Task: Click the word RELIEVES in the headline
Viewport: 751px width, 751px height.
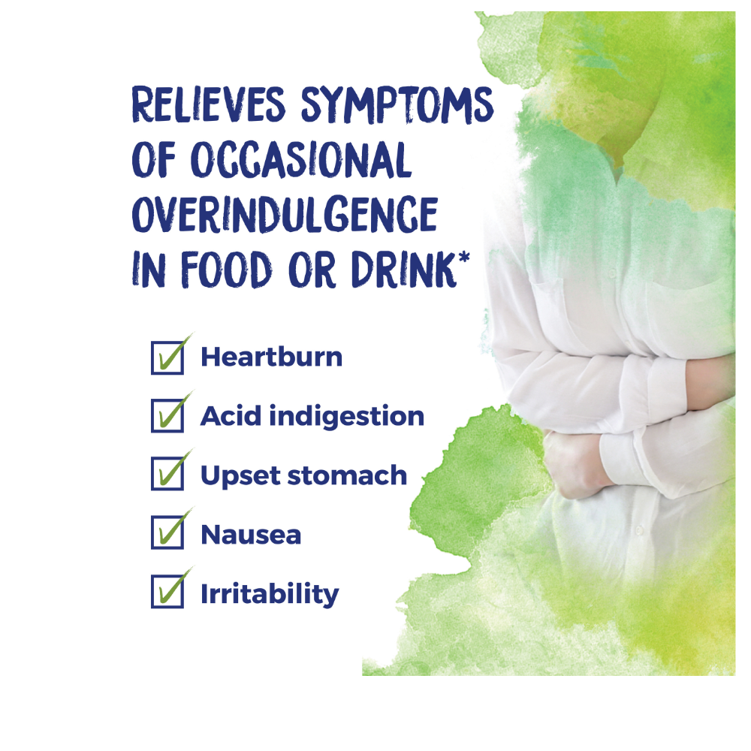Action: pyautogui.click(x=208, y=104)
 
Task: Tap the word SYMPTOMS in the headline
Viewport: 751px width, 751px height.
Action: pyautogui.click(x=397, y=105)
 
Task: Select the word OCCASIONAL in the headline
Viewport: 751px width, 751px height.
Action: pyautogui.click(x=301, y=159)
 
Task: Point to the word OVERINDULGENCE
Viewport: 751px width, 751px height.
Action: pyautogui.click(x=285, y=214)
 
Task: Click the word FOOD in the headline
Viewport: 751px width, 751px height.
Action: pyautogui.click(x=227, y=269)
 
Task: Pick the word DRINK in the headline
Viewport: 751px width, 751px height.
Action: pyautogui.click(x=403, y=269)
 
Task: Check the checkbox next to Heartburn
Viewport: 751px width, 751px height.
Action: pyautogui.click(x=167, y=357)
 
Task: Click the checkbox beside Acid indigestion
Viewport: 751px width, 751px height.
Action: pyautogui.click(x=167, y=416)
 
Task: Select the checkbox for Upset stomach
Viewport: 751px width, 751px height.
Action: pyautogui.click(x=167, y=474)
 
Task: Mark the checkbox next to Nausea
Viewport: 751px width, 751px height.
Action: pyautogui.click(x=167, y=532)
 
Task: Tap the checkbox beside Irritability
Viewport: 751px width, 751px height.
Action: pyautogui.click(x=167, y=592)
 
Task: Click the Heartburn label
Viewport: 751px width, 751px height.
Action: pyautogui.click(x=272, y=357)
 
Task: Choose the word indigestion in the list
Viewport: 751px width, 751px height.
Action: pyautogui.click(x=347, y=416)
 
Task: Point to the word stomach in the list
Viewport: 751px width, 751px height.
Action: pyautogui.click(x=347, y=475)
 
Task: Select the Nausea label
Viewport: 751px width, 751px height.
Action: pyautogui.click(x=251, y=535)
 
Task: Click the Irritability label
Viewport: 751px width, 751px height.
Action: pyautogui.click(x=270, y=594)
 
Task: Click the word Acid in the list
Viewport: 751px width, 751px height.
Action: pyautogui.click(x=231, y=415)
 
